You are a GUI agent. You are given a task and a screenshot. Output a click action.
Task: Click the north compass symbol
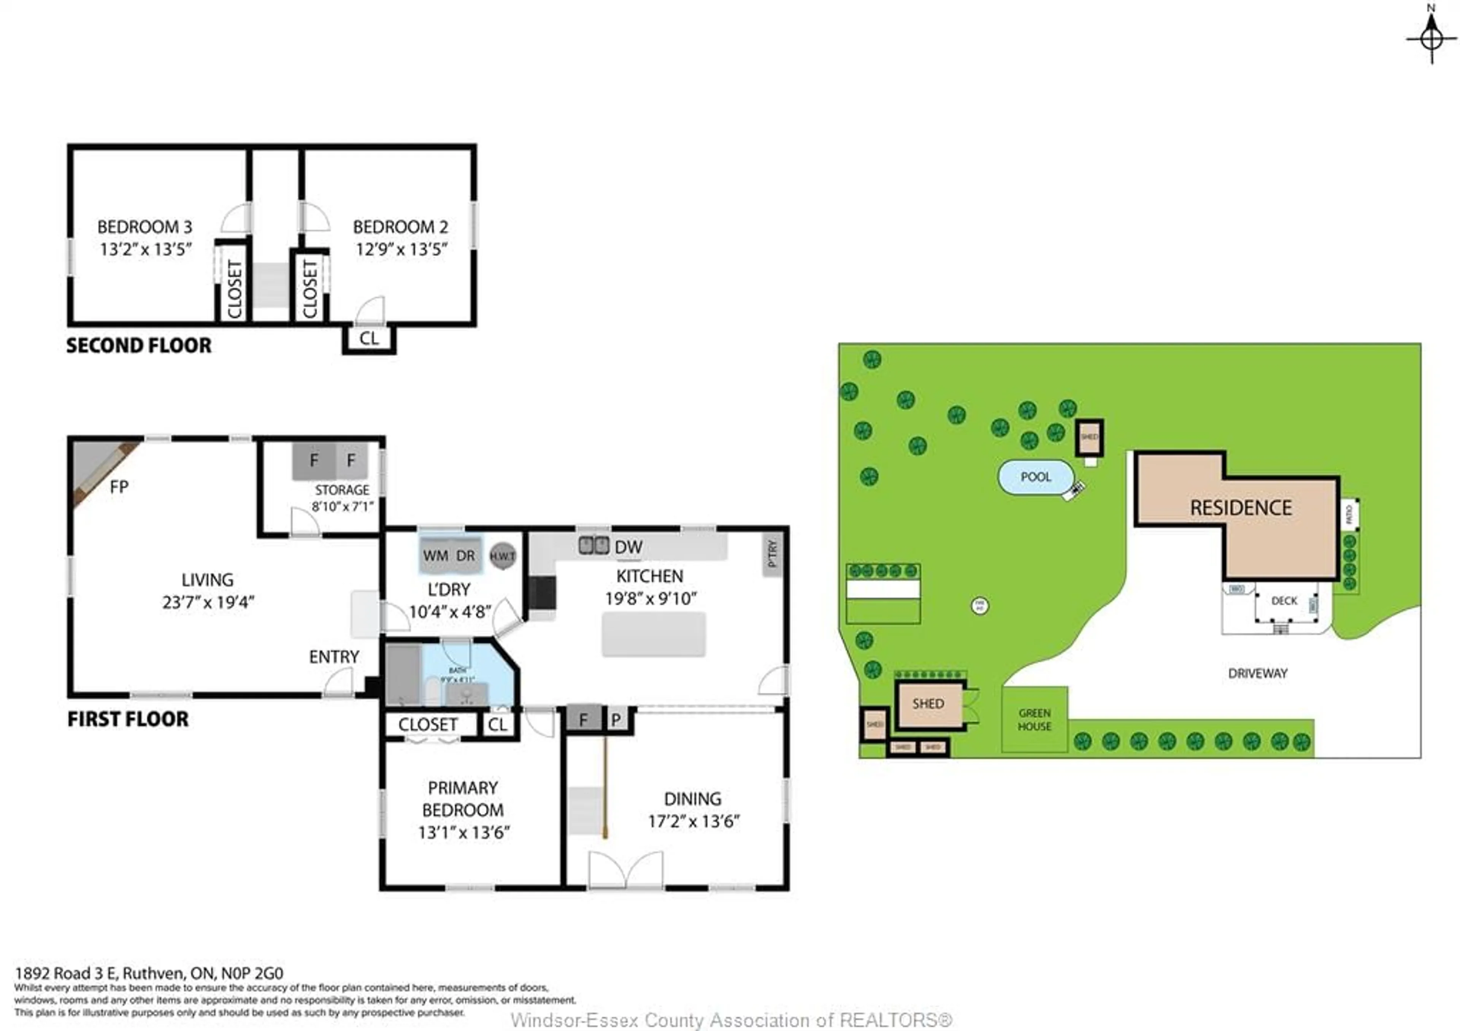[x=1431, y=38]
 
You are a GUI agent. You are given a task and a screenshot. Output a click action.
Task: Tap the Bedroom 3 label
[x=144, y=227]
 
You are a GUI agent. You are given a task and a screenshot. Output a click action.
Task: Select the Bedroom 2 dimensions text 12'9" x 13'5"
[x=401, y=249]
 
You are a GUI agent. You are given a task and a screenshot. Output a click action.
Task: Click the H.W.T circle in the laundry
[x=502, y=556]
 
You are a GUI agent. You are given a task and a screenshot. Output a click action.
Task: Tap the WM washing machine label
[x=436, y=556]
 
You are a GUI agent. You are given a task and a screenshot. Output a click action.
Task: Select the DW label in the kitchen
[x=628, y=547]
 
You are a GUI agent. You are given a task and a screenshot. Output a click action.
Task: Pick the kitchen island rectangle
[x=654, y=634]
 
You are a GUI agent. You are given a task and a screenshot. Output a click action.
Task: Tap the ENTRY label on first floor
[x=334, y=657]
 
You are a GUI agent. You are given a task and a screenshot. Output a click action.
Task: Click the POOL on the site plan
[x=1036, y=477]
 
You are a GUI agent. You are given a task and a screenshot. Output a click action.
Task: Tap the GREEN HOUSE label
[x=1035, y=720]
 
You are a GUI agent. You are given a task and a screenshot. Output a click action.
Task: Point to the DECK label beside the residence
[x=1284, y=601]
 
